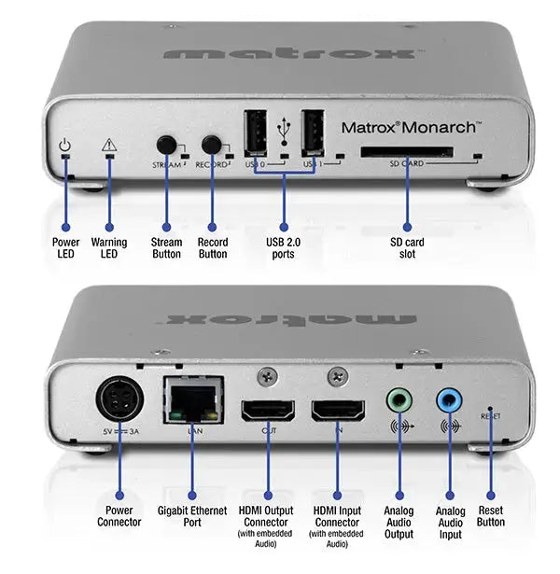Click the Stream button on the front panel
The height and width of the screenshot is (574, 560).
[167, 145]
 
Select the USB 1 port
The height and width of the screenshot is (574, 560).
[312, 133]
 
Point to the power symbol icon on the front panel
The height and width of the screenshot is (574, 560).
[64, 145]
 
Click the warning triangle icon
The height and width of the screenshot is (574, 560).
[109, 145]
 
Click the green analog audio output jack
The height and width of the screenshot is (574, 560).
[399, 400]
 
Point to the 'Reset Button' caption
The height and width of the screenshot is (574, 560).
[490, 516]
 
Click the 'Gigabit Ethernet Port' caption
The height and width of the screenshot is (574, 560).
[191, 516]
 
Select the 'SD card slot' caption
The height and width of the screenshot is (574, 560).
[407, 248]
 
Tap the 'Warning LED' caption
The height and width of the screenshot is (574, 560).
[109, 248]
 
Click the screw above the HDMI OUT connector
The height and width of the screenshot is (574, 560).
[267, 374]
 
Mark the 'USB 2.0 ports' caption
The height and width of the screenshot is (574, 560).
[284, 248]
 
